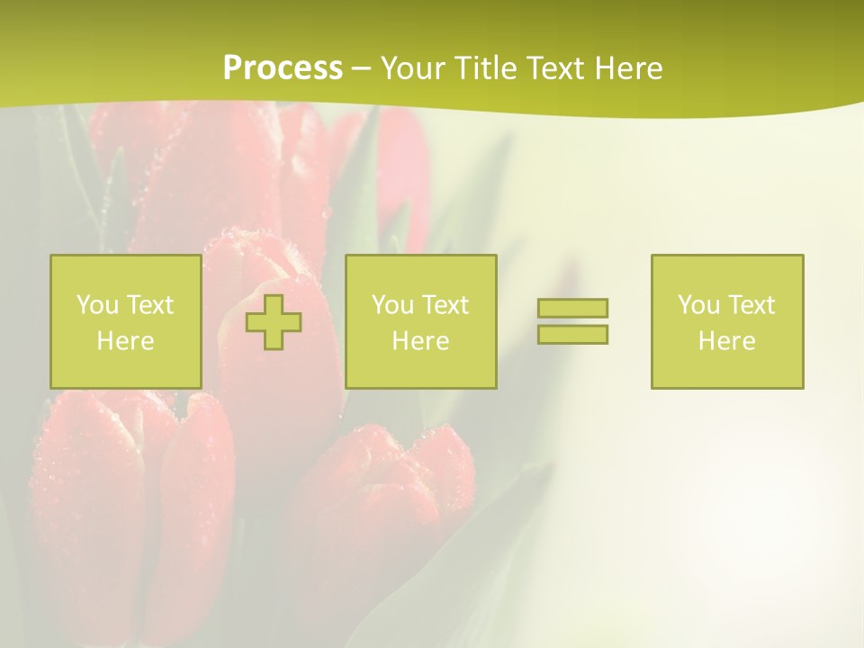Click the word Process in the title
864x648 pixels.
point(283,68)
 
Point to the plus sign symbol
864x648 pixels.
point(274,322)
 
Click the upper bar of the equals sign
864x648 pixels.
point(572,308)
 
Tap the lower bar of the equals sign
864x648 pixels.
point(572,334)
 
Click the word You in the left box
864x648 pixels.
point(97,305)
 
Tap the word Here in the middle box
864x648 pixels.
point(420,341)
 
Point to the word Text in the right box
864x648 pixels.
point(751,305)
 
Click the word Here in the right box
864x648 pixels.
point(726,341)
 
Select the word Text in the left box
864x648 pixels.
point(149,305)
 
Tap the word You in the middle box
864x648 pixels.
point(392,305)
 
